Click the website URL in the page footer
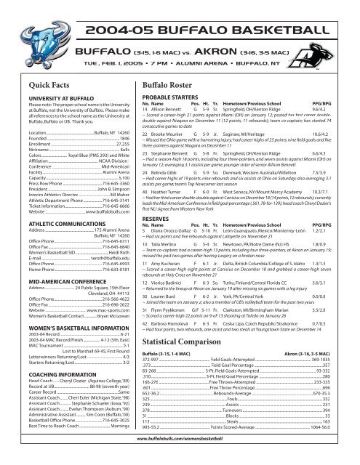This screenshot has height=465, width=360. (x=180, y=458)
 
